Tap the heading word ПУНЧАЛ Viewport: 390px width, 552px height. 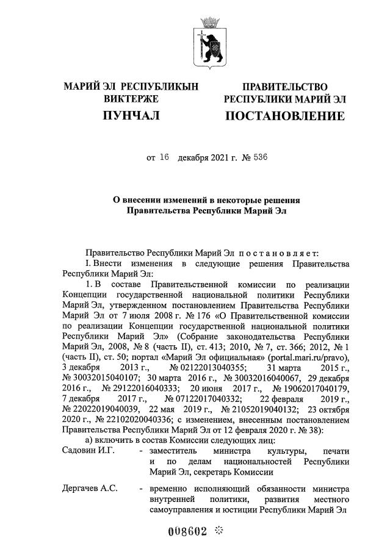point(131,116)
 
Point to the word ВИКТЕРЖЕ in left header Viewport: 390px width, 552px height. point(131,99)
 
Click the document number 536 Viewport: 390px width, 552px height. point(258,157)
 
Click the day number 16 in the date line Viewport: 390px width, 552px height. point(163,157)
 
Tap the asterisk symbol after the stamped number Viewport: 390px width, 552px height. point(218,531)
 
